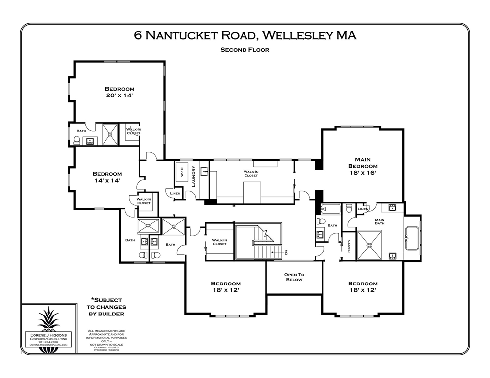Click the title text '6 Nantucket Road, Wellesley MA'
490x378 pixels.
245,35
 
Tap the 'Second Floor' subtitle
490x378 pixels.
245,50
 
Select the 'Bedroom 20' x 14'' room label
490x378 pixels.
119,92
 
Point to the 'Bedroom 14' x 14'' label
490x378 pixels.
107,177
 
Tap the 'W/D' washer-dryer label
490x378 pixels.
181,174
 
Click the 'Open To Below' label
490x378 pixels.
294,277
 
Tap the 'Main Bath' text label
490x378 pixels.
379,221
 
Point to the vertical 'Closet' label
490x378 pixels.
348,247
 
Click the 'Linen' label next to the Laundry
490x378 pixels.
175,194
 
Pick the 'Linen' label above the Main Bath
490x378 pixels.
363,209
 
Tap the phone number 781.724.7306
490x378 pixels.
48,342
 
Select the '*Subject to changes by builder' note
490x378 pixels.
106,307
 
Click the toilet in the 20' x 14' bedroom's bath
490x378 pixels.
76,141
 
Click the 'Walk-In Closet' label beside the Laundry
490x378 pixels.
251,173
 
